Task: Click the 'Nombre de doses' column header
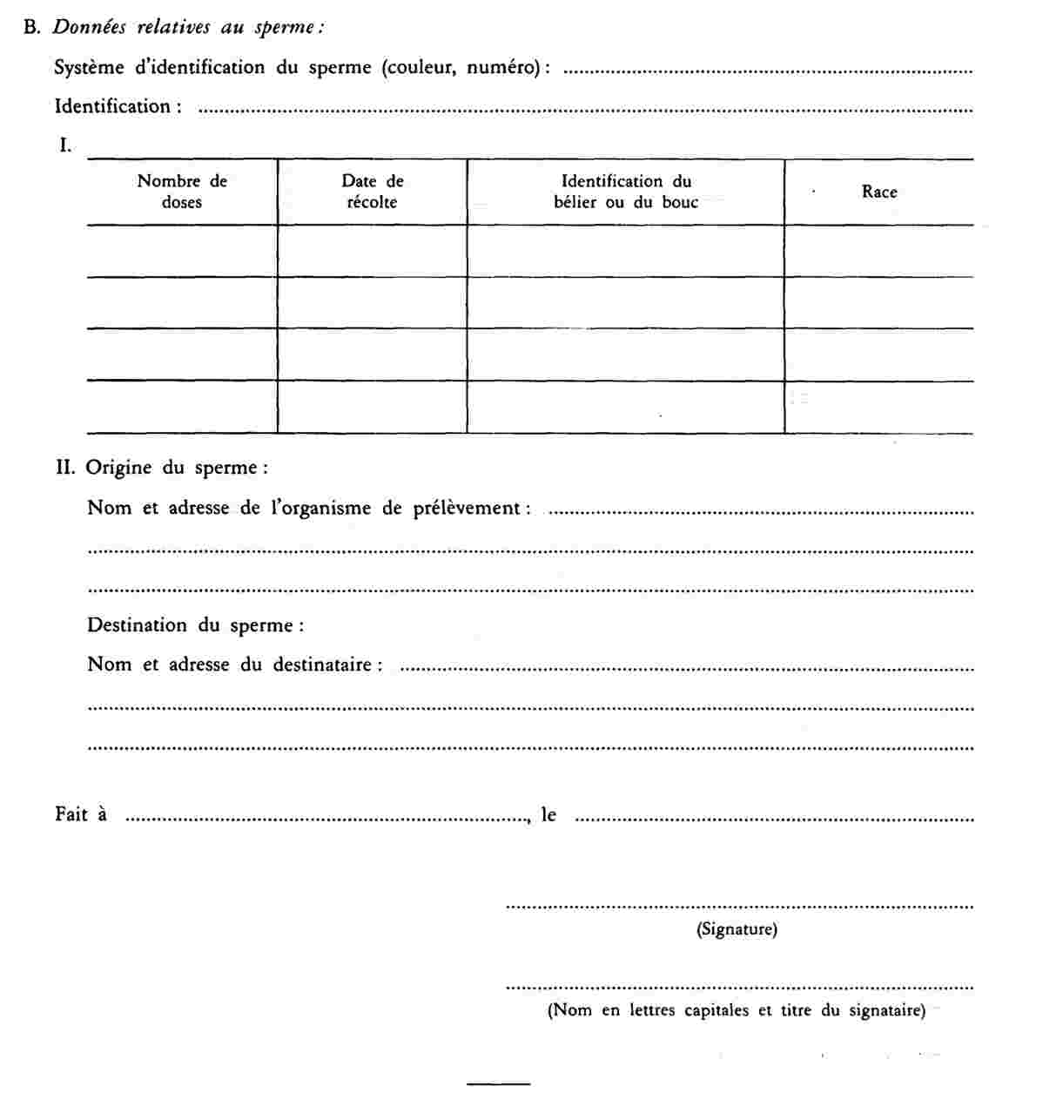click(x=182, y=192)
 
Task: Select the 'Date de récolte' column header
click(x=372, y=192)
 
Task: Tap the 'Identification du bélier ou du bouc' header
click(x=626, y=192)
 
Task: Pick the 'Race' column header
click(x=879, y=192)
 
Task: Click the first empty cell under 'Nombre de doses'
click(x=182, y=252)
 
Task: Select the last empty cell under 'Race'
click(x=879, y=407)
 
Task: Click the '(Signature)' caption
click(x=737, y=929)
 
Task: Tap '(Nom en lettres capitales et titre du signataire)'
click(x=737, y=1010)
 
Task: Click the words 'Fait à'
click(x=81, y=814)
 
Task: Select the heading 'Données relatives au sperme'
click(x=188, y=27)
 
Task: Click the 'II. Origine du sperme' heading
click(x=162, y=468)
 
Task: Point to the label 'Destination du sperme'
click(x=195, y=625)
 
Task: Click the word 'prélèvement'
click(x=468, y=508)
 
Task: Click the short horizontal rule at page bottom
click(x=498, y=1083)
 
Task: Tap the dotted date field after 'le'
click(x=775, y=819)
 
